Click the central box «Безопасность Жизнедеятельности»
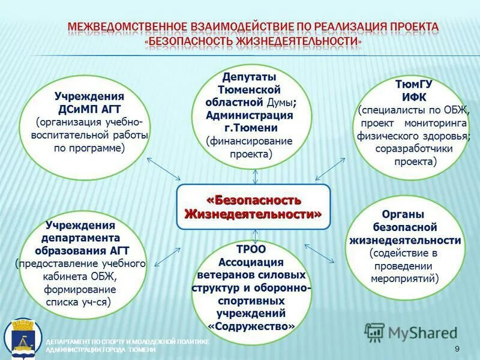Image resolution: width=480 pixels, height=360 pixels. click(253, 206)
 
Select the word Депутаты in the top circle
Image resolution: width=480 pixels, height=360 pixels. click(250, 77)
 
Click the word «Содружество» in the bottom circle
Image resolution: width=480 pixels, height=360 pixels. click(252, 326)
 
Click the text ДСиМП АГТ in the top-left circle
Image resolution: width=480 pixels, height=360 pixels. click(89, 109)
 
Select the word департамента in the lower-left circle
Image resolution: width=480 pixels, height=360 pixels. click(81, 238)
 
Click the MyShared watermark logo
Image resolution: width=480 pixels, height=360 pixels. click(411, 332)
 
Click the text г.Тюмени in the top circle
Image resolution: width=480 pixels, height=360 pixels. click(250, 128)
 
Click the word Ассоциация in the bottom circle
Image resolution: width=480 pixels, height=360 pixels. click(252, 262)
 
